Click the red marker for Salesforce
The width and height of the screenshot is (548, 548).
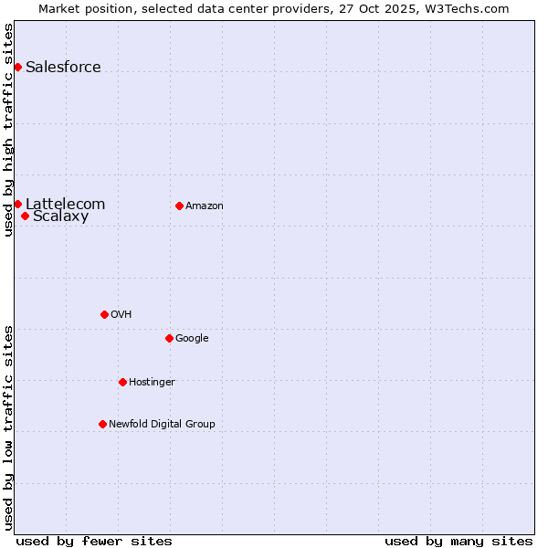pos(17,67)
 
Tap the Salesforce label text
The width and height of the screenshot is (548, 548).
pos(63,67)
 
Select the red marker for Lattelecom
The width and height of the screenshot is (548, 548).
pos(17,204)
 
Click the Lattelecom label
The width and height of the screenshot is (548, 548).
pos(65,204)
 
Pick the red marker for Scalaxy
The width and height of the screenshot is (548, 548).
pos(25,216)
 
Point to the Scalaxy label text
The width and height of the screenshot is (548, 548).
pos(60,216)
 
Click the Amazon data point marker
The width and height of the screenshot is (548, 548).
pos(179,205)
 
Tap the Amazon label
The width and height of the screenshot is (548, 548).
pos(205,205)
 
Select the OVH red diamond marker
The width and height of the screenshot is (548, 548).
pos(104,314)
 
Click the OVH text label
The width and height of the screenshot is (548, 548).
pos(121,314)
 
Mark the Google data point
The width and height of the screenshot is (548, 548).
pos(169,338)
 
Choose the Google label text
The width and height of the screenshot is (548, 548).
pos(192,338)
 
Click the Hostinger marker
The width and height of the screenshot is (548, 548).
pos(122,382)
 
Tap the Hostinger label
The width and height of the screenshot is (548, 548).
pos(152,382)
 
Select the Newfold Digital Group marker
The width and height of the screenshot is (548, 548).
pos(102,424)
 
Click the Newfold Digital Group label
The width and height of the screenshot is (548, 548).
pos(162,424)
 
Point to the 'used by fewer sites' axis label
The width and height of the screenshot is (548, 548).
pos(94,541)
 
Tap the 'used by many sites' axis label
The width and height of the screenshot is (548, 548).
pos(458,541)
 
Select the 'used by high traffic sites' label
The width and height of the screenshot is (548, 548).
pos(8,130)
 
